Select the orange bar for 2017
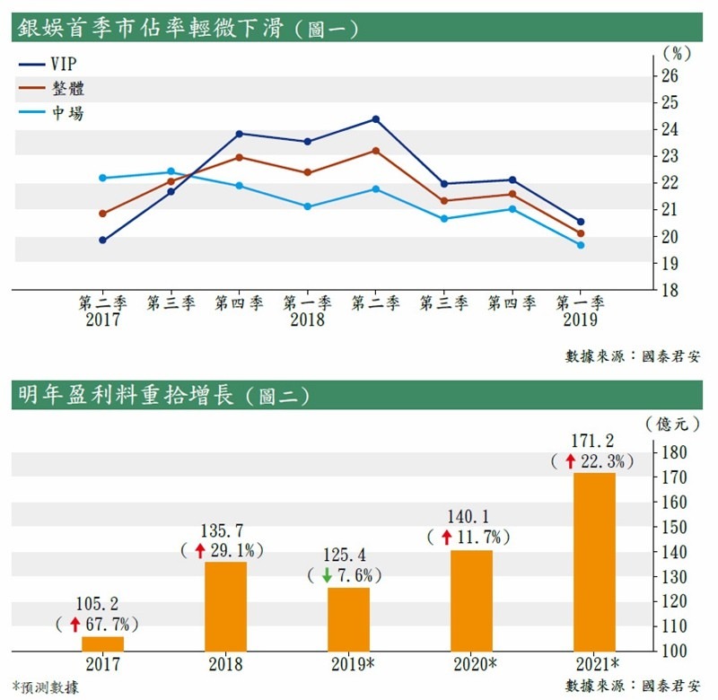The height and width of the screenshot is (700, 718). pos(103,643)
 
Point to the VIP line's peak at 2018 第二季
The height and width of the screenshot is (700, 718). pos(375,119)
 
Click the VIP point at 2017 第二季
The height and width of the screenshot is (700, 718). pos(102,240)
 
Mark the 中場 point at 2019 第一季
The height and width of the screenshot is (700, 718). pos(581,245)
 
